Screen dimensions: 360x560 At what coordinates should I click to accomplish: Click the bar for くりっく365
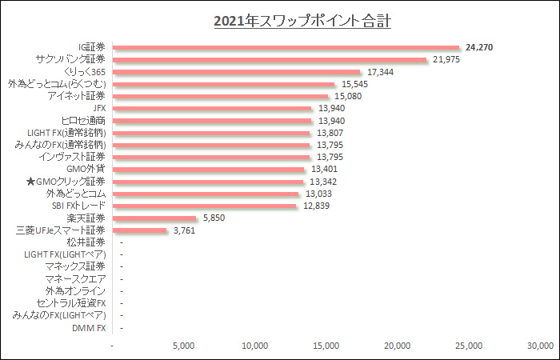[x=237, y=72]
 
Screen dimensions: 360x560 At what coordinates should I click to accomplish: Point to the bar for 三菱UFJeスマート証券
[x=140, y=230]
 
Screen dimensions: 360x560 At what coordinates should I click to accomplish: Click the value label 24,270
[x=480, y=47]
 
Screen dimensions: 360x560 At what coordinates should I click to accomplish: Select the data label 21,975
[x=446, y=59]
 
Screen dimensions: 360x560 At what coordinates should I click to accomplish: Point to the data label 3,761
[x=182, y=230]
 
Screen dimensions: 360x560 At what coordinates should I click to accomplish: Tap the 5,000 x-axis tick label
[x=184, y=346]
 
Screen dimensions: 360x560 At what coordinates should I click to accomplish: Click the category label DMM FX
[x=89, y=327]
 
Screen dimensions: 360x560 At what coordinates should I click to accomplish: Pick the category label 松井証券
[x=86, y=242]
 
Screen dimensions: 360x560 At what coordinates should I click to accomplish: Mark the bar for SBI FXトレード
[x=205, y=206]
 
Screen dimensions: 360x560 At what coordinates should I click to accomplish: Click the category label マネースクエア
[x=76, y=278]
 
